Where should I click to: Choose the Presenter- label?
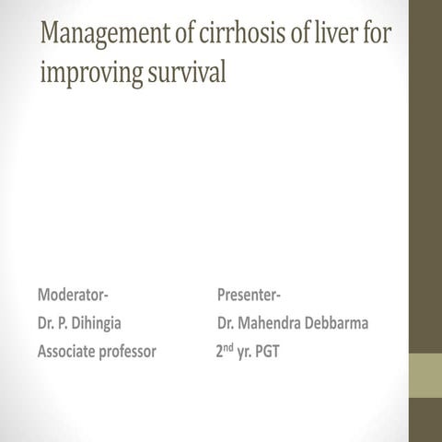250,295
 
